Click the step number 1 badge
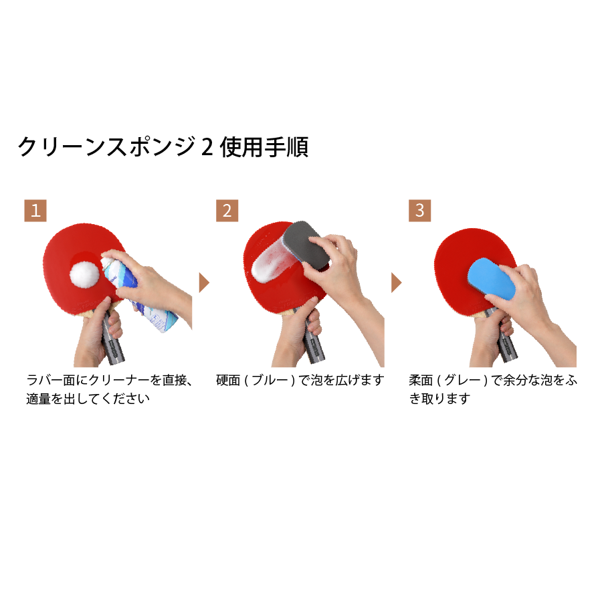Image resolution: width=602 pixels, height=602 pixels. click(x=35, y=211)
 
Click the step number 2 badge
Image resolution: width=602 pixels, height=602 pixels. click(x=227, y=211)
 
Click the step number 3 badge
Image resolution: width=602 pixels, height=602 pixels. click(x=419, y=211)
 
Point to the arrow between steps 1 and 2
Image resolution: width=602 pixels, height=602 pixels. click(x=204, y=283)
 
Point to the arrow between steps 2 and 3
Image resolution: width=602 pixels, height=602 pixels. click(x=396, y=283)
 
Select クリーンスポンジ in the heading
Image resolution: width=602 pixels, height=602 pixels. click(x=107, y=146)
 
